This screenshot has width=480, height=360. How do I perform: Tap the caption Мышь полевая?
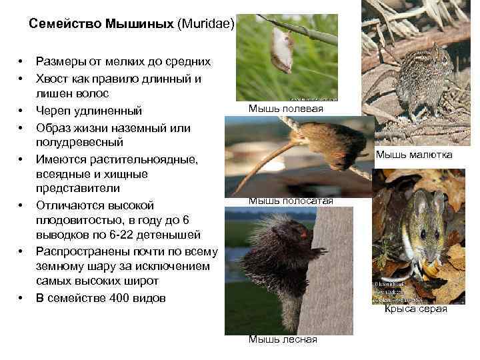click(x=285, y=109)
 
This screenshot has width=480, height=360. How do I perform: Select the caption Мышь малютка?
click(x=413, y=155)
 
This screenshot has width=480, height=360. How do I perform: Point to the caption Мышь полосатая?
click(x=291, y=201)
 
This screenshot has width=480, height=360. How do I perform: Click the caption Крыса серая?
click(x=415, y=309)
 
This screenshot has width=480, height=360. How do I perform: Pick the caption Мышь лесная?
click(x=283, y=339)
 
